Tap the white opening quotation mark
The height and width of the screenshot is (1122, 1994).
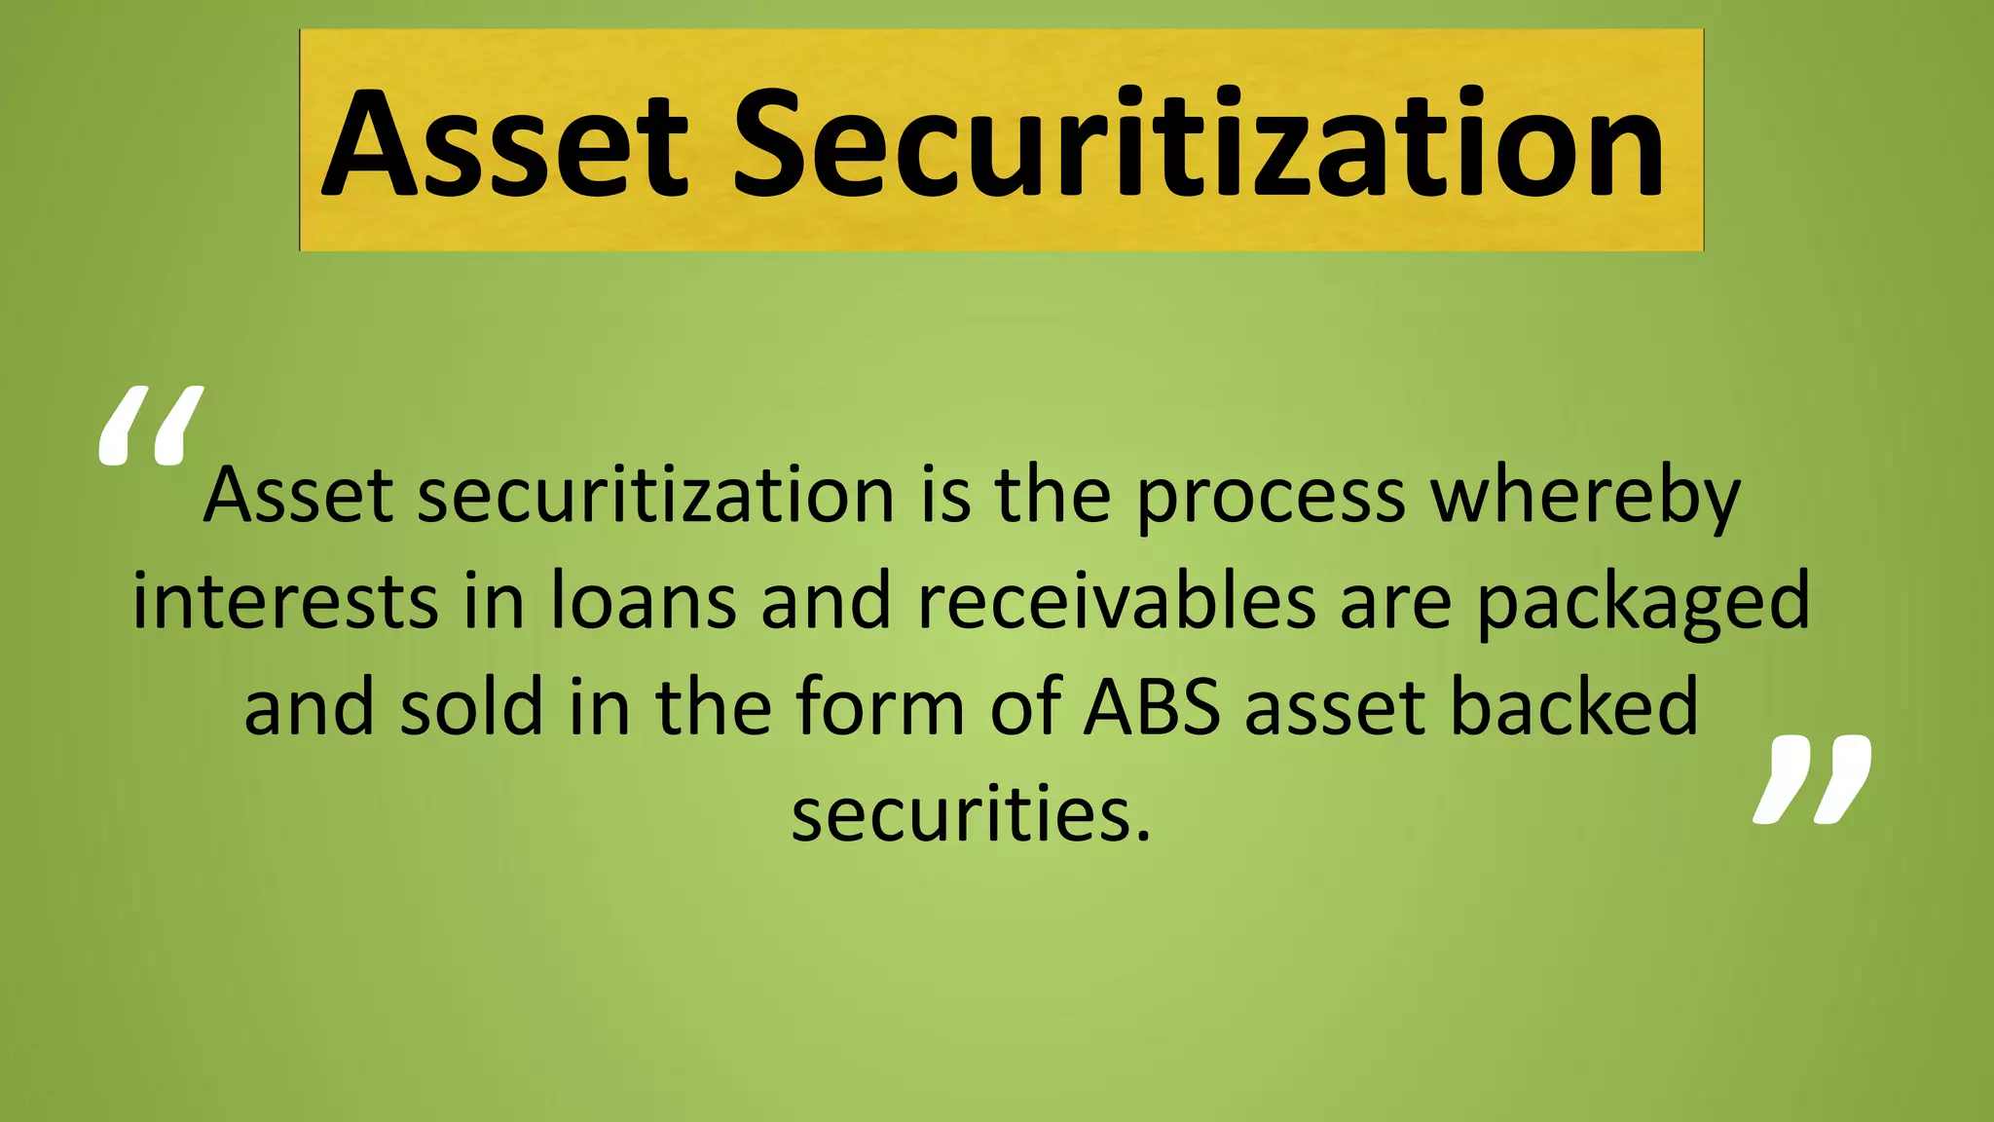point(151,426)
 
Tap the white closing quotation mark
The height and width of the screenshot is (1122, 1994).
point(1813,780)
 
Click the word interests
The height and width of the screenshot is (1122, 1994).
point(285,602)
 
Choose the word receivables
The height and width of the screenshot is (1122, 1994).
point(1117,602)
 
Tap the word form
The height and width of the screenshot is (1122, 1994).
point(880,708)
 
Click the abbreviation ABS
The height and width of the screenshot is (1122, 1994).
point(1152,708)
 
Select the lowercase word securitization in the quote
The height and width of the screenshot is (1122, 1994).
point(656,496)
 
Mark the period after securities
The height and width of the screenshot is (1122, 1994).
point(1142,834)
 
